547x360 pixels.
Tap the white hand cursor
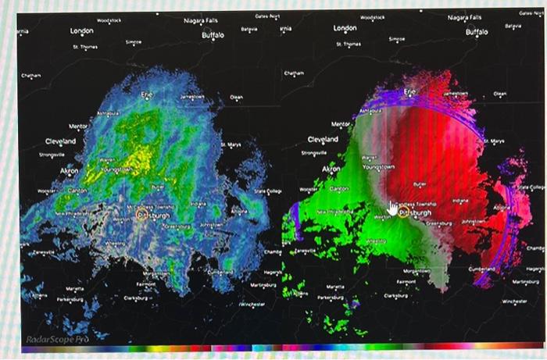point(393,208)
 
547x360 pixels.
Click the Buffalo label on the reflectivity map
point(212,35)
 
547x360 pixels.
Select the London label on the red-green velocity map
point(345,28)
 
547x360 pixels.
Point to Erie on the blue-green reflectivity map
point(147,94)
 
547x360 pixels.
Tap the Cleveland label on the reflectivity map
point(60,141)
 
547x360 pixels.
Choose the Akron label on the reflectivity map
point(69,169)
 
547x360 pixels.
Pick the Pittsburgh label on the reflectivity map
point(152,213)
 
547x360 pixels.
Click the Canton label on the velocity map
point(340,189)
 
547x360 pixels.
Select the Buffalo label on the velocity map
point(476,33)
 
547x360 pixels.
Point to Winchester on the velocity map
point(515,300)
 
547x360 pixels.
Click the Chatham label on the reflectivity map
point(30,75)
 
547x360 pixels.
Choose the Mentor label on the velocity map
point(341,124)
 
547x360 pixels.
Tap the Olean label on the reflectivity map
point(236,98)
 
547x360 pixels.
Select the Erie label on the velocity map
point(409,92)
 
